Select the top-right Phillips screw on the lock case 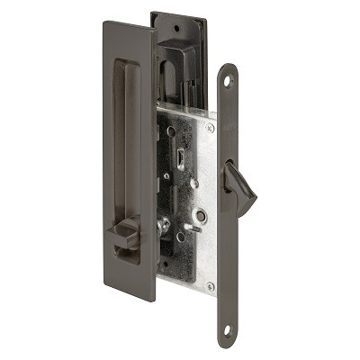[209, 128]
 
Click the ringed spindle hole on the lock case [202, 216]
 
